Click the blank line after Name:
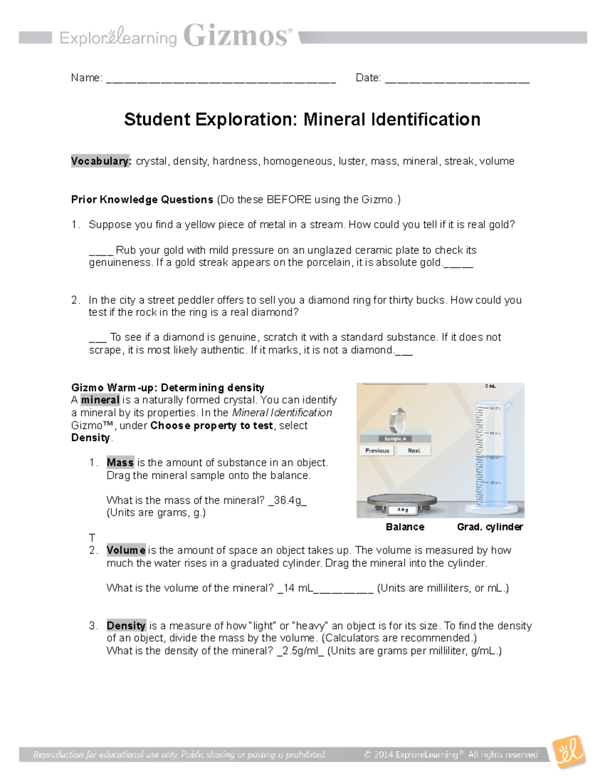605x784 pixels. pyautogui.click(x=221, y=80)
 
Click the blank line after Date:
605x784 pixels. pyautogui.click(x=457, y=80)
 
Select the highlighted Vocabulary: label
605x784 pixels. pyautogui.click(x=101, y=161)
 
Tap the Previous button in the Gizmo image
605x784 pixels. pyautogui.click(x=377, y=450)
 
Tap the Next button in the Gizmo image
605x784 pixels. pyautogui.click(x=413, y=450)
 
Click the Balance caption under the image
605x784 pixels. pyautogui.click(x=405, y=527)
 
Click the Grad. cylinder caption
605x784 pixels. pyautogui.click(x=490, y=527)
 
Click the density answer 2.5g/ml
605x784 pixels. pyautogui.click(x=300, y=651)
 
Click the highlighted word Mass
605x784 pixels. pyautogui.click(x=120, y=462)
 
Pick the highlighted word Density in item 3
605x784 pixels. pyautogui.click(x=126, y=625)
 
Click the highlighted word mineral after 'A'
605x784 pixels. pyautogui.click(x=100, y=400)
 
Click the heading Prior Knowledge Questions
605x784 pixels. pyautogui.click(x=142, y=199)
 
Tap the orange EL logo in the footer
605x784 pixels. pyautogui.click(x=569, y=753)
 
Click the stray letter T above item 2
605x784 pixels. pyautogui.click(x=92, y=538)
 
